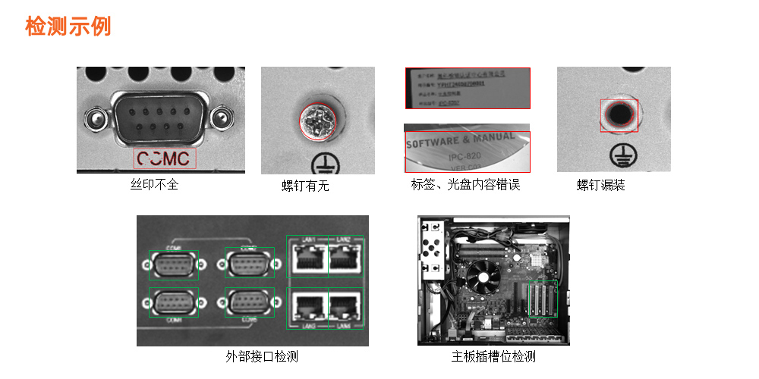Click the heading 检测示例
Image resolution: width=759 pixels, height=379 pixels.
(x=68, y=26)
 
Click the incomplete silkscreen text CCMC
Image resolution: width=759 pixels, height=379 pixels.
(x=165, y=158)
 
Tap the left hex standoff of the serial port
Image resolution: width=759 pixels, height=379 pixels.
(x=95, y=117)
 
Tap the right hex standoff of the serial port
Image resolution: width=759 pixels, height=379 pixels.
(x=222, y=117)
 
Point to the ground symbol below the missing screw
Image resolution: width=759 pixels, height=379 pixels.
(x=621, y=156)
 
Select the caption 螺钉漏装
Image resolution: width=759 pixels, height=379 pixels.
(x=601, y=185)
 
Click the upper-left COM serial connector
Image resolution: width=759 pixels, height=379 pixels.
(x=173, y=265)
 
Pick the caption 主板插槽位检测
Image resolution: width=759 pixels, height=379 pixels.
(x=493, y=356)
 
